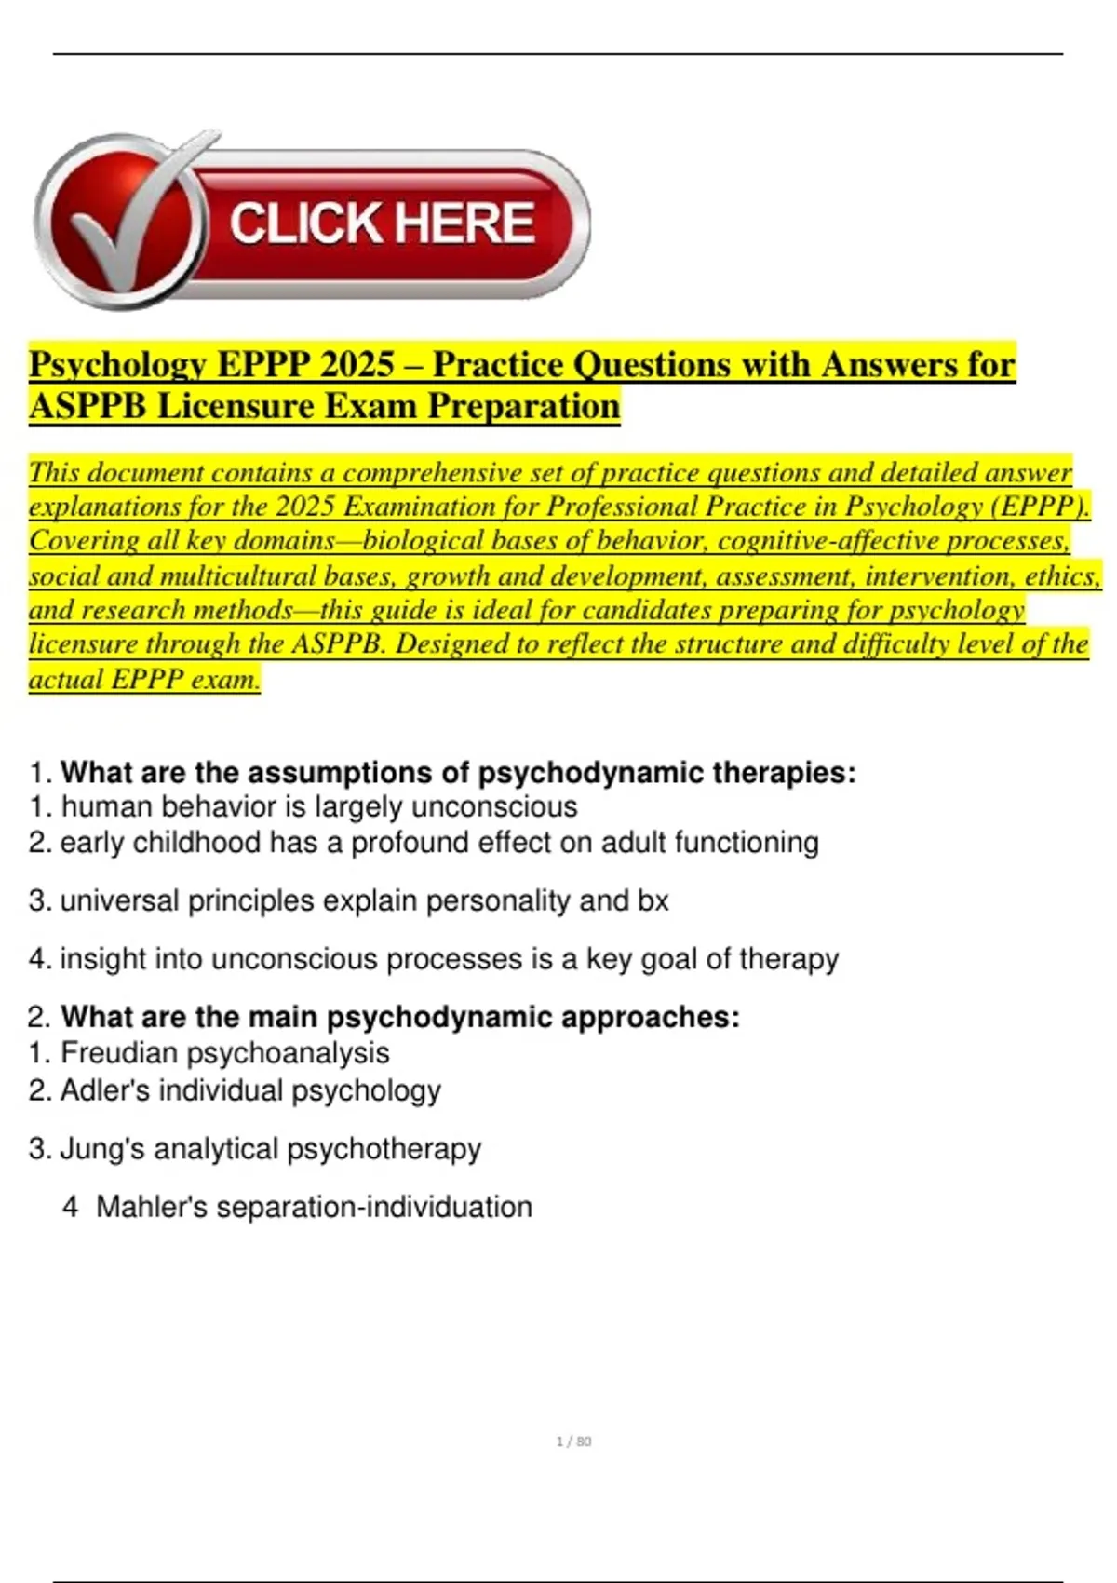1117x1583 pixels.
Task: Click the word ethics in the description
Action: click(x=1061, y=576)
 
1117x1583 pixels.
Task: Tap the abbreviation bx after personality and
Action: click(x=653, y=900)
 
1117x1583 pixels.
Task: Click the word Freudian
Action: click(x=118, y=1053)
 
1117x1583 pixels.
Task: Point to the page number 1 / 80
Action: click(x=573, y=1441)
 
